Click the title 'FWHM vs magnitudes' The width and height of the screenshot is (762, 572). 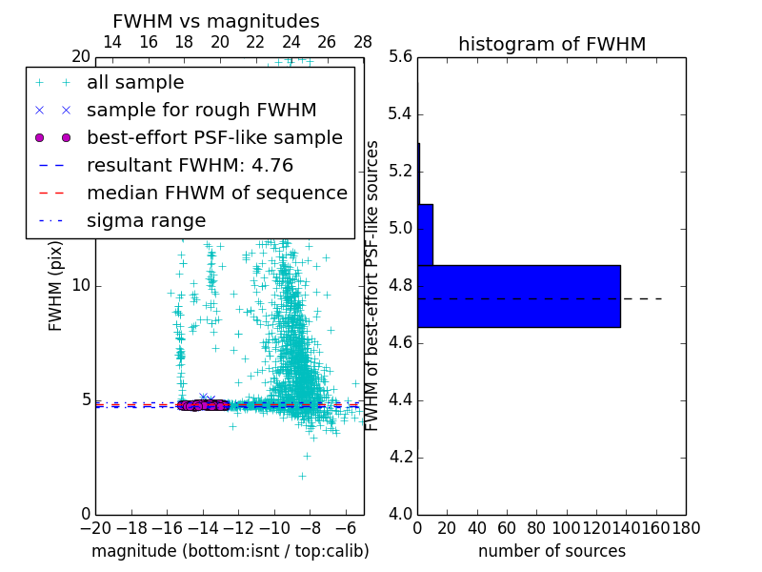click(215, 21)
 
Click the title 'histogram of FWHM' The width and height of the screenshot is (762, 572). click(551, 44)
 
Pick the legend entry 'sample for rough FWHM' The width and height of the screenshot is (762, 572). click(201, 110)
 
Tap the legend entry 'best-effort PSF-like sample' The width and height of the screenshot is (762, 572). click(214, 137)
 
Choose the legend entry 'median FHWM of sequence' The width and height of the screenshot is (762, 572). click(216, 193)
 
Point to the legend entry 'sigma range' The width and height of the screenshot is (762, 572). click(146, 220)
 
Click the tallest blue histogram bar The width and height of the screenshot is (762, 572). click(518, 296)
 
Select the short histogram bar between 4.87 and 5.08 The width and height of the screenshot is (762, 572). click(425, 235)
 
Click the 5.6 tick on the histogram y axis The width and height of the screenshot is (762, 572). click(400, 57)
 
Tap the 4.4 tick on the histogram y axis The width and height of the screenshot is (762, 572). click(400, 399)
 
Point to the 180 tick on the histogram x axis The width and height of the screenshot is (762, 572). click(686, 527)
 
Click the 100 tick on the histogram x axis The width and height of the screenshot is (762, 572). click(567, 527)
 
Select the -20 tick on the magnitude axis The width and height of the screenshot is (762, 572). click(95, 527)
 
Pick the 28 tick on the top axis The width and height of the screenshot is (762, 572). click(363, 42)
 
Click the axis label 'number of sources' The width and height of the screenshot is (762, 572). click(551, 551)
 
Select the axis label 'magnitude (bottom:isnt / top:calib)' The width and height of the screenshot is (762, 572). click(230, 551)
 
